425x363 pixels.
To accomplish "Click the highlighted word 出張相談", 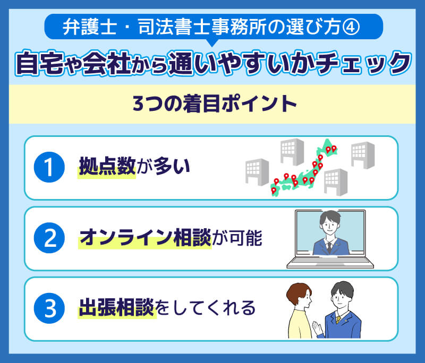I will (117, 308).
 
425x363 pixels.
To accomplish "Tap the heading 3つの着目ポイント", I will (212, 103).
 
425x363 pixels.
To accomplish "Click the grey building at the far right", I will (363, 155).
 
